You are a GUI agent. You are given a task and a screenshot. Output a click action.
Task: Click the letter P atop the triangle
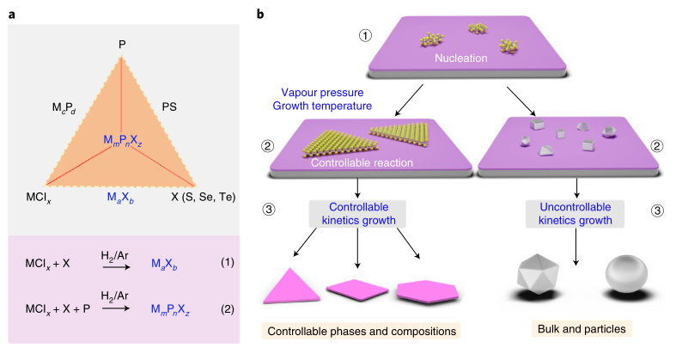[122, 43]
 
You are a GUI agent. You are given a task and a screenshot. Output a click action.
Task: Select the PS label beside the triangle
[168, 107]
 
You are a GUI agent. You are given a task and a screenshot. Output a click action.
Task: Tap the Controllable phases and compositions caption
[362, 331]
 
